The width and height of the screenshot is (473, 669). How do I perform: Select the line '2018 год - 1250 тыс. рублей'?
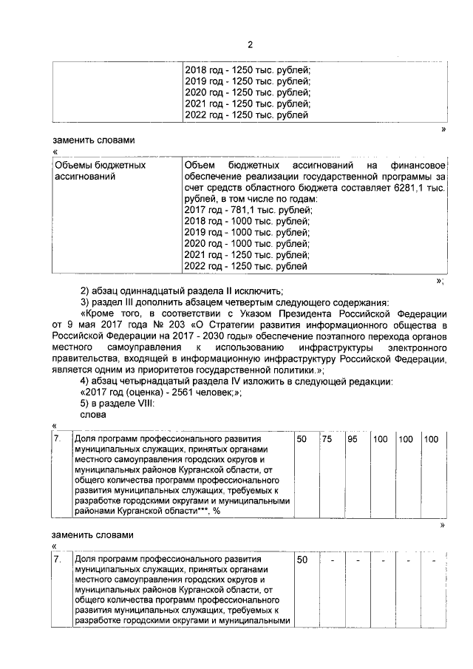[x=246, y=69]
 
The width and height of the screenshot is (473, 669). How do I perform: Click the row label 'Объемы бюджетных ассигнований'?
[x=100, y=171]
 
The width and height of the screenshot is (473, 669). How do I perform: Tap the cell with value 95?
[x=353, y=440]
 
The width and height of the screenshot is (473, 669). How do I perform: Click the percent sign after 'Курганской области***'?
[x=217, y=511]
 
